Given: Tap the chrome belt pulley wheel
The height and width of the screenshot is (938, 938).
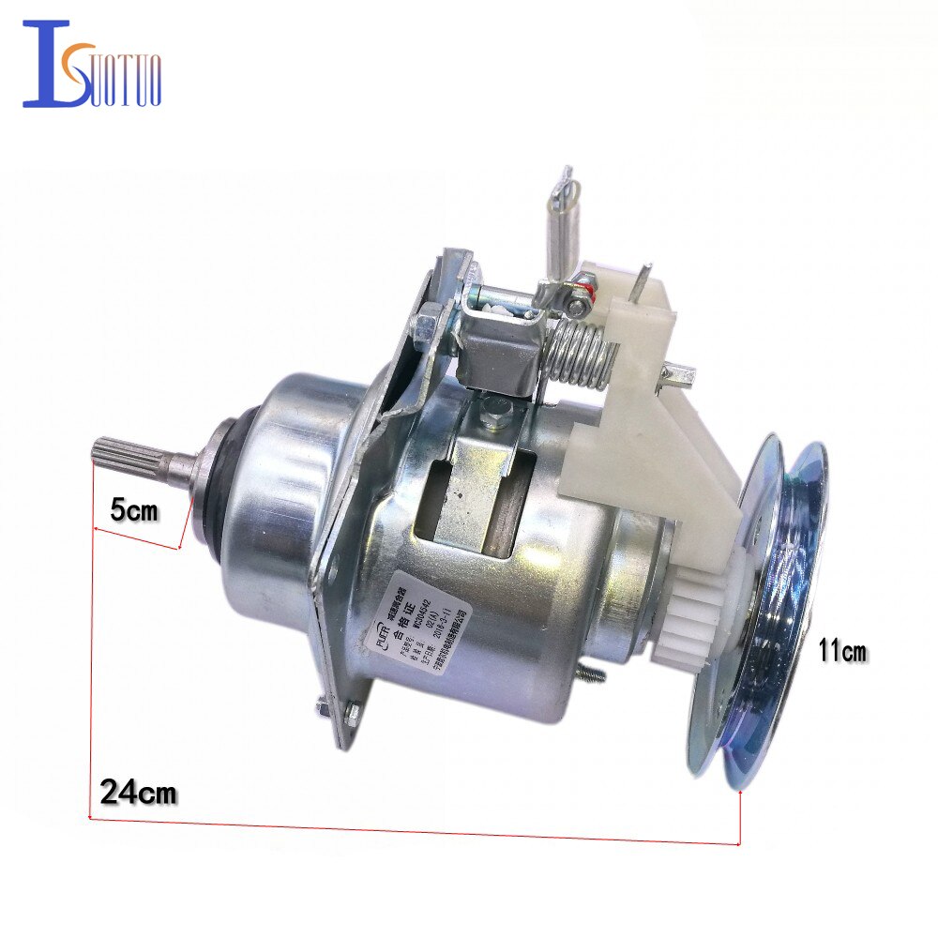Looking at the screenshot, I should (x=769, y=610).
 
